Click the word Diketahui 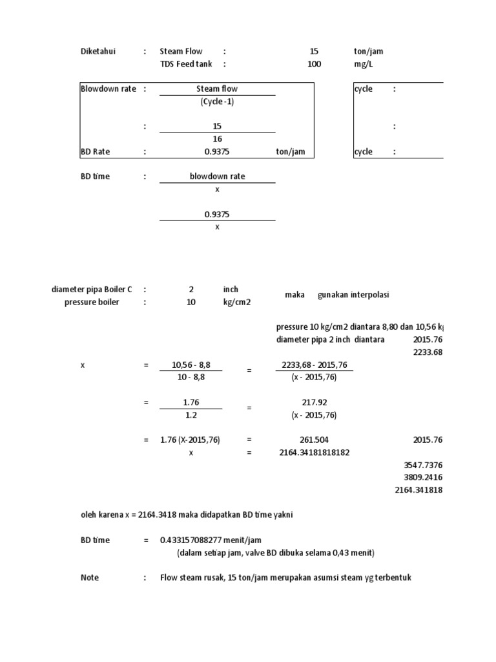pos(98,52)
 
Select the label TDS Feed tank pos(186,64)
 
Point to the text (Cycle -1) pos(217,102)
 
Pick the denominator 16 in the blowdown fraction pos(217,139)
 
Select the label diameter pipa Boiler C pos(92,290)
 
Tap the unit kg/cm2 pos(236,302)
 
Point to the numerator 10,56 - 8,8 pos(191,365)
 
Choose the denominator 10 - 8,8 pos(191,378)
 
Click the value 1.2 pos(191,415)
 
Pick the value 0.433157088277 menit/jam pos(211,540)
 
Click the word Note pos(90,577)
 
